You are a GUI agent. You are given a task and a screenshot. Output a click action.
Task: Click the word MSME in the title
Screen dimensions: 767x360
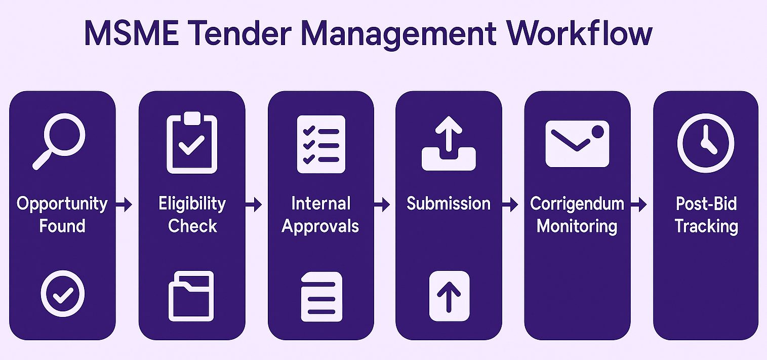pos(132,33)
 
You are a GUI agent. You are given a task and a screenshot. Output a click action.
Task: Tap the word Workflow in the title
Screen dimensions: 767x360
pos(579,33)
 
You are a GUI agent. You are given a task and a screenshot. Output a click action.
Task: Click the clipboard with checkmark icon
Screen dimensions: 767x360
pos(192,142)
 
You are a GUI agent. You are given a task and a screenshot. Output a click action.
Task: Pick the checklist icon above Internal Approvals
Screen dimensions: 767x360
pos(321,144)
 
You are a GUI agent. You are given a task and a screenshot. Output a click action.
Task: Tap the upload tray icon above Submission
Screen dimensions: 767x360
pos(449,143)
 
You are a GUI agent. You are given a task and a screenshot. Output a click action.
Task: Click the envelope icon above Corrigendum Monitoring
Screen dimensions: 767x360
pos(577,144)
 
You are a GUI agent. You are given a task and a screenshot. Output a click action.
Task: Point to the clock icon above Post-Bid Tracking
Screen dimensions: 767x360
pos(705,143)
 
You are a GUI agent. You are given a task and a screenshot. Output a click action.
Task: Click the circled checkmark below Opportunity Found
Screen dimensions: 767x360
pos(63,294)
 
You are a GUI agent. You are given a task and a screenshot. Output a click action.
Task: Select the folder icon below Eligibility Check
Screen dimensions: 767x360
pos(191,296)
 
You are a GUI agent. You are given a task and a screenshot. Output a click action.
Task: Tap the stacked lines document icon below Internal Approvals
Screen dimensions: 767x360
pos(321,297)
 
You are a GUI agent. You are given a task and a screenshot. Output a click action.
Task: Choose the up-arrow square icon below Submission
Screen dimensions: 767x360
pos(449,296)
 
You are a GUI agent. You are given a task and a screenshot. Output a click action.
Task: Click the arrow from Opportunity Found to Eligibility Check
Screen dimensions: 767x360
pos(124,205)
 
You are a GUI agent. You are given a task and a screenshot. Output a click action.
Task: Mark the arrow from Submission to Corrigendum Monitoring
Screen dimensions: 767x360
pos(510,205)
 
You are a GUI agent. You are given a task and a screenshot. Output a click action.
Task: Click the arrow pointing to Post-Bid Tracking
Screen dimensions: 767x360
pos(638,205)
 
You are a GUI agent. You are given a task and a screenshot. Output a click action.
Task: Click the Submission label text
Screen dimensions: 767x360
pos(449,204)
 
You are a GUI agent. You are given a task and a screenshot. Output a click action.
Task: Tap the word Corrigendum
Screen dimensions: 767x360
pos(577,204)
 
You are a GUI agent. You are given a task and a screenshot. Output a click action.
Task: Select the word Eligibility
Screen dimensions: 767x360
pos(192,204)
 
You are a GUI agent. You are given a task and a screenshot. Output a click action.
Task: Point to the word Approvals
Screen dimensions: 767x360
pos(320,226)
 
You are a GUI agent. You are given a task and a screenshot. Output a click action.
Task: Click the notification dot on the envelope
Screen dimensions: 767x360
pos(598,132)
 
